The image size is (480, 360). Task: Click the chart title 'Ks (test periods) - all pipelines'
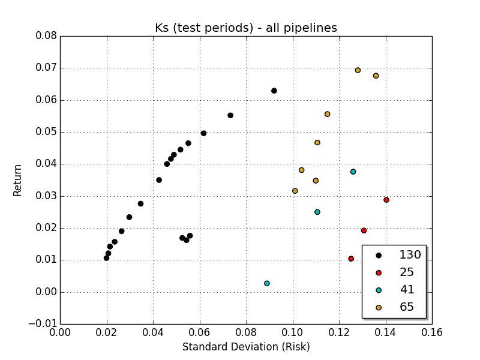[x=246, y=28]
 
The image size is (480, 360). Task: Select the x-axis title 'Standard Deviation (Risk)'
[x=246, y=347]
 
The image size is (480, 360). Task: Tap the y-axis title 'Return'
[x=18, y=180]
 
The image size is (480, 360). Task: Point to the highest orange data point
[x=358, y=70]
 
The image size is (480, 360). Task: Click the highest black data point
[x=274, y=91]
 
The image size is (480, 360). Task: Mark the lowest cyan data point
[x=267, y=283]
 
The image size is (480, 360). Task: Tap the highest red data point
[x=386, y=200]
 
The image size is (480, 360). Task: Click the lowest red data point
[x=351, y=259]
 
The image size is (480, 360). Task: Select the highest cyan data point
[x=353, y=172]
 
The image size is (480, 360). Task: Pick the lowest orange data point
[x=295, y=191]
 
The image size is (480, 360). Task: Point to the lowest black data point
[x=107, y=258]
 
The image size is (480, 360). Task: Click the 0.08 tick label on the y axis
[x=46, y=36]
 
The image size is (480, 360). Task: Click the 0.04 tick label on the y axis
[x=46, y=164]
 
